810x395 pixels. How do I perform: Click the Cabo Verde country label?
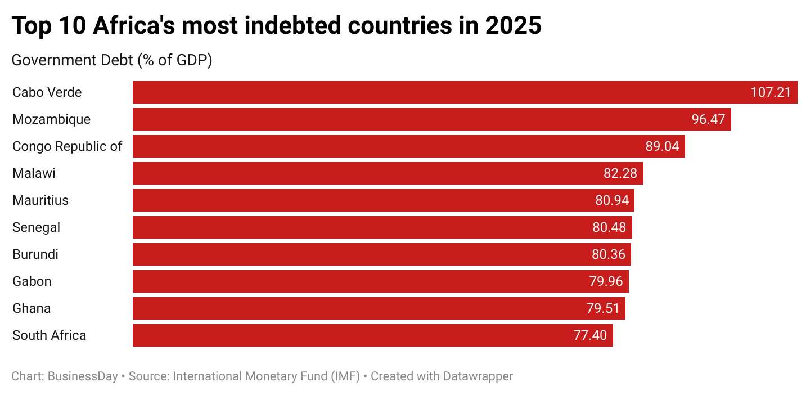47,92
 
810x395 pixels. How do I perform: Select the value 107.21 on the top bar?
771,92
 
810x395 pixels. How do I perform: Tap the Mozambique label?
51,119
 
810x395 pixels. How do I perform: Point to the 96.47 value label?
708,119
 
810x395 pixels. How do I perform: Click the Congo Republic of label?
67,146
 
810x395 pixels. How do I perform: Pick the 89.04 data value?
662,146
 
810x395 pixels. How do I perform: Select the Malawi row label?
34,173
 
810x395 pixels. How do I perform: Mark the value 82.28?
620,173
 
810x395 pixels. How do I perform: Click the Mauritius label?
40,200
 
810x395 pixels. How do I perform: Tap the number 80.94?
612,200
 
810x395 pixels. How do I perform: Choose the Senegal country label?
36,227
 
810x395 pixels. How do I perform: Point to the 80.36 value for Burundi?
608,254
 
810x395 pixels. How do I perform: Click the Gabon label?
31,281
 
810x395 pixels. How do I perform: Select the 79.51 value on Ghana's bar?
602,308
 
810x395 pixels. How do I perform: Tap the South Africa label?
49,335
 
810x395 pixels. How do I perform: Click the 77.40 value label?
590,335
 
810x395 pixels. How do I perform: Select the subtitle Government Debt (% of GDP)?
111,60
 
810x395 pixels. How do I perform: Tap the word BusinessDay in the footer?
83,376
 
